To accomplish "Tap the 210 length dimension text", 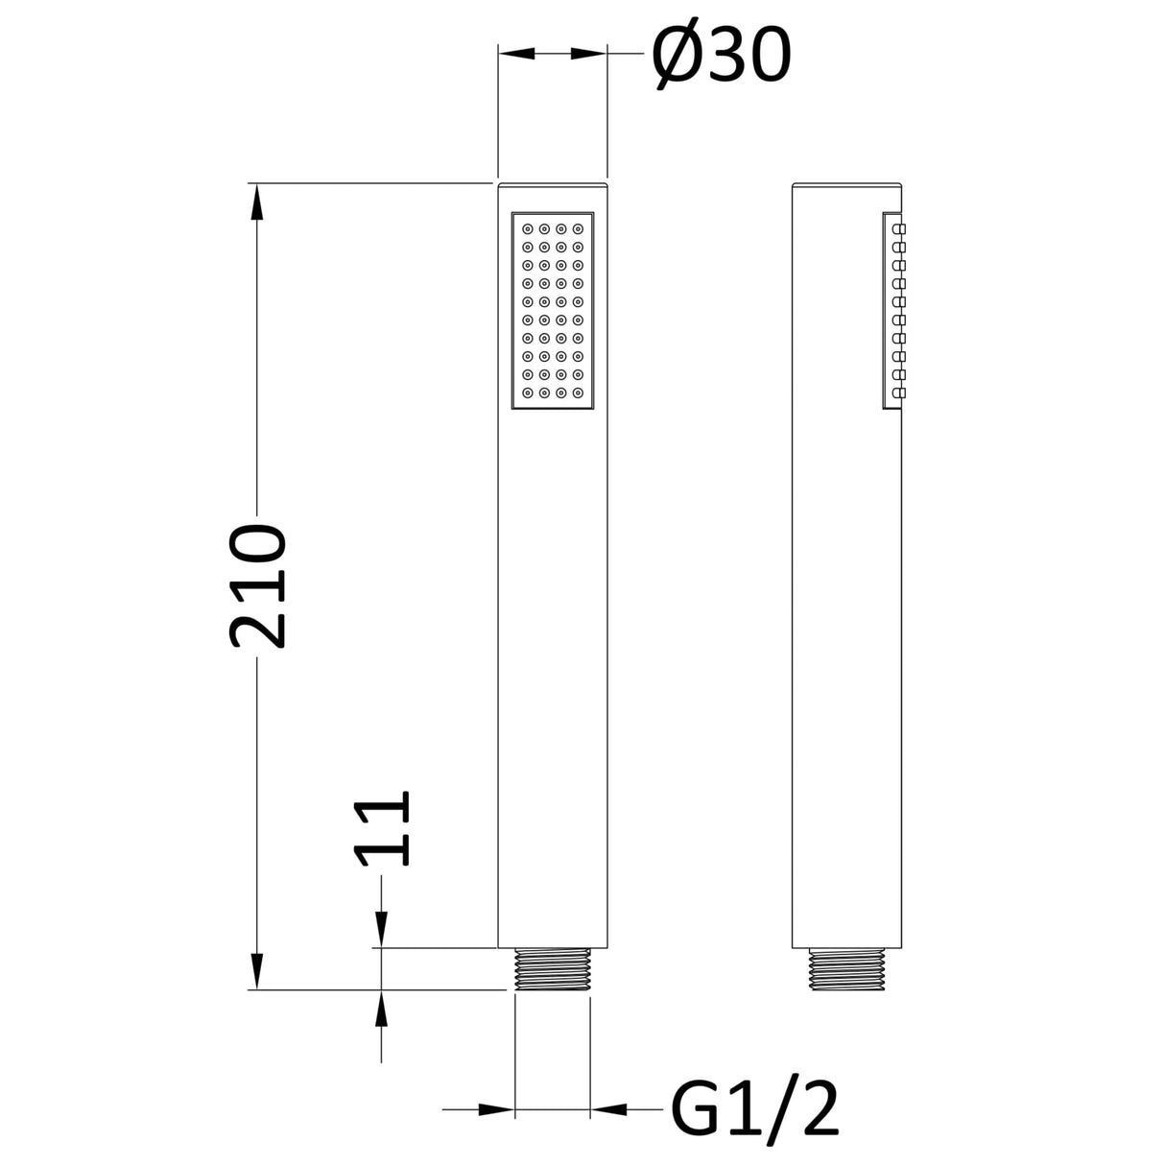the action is (257, 586).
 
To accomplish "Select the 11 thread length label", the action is (382, 827).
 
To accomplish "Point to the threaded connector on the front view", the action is (552, 969).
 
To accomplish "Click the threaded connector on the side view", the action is (846, 969).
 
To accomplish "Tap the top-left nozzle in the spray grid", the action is (527, 229).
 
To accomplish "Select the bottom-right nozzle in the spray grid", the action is (578, 392).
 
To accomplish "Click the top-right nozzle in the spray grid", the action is (578, 229).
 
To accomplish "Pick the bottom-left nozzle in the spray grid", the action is (527, 392).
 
